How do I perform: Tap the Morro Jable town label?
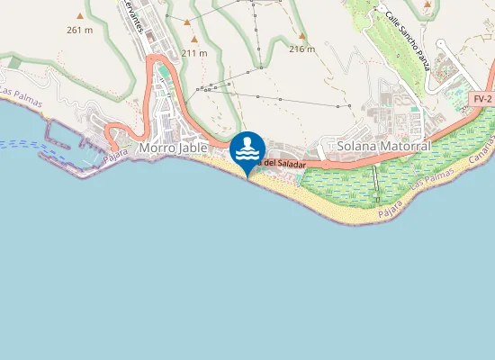175,147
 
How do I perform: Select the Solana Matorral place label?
383,145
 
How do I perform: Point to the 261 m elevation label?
80,30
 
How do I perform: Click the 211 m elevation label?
193,53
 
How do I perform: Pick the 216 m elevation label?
302,49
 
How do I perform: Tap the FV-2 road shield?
482,98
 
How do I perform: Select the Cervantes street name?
133,16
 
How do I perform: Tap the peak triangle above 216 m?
302,37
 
